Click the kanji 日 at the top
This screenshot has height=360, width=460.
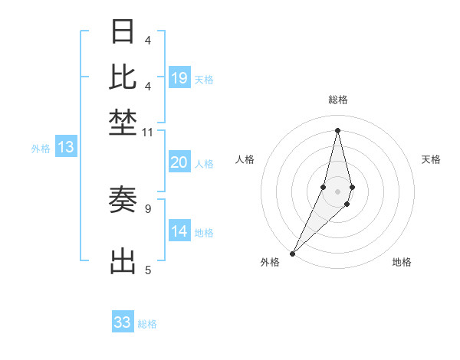point(123,31)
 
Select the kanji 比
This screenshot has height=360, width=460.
point(123,76)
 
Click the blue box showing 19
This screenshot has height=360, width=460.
point(179,78)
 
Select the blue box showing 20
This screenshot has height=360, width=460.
point(179,162)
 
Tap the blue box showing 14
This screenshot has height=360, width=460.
point(179,231)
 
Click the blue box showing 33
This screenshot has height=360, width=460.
point(123,322)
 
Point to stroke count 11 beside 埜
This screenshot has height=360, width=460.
point(148,133)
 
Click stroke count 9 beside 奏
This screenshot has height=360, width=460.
point(148,208)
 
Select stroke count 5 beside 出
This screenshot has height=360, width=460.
point(148,269)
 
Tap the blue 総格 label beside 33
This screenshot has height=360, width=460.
point(147,324)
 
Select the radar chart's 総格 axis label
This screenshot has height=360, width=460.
point(338,100)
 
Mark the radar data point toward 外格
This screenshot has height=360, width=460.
point(293,254)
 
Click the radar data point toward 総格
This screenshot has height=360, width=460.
point(338,130)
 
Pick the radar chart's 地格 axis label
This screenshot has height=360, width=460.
point(402,262)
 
